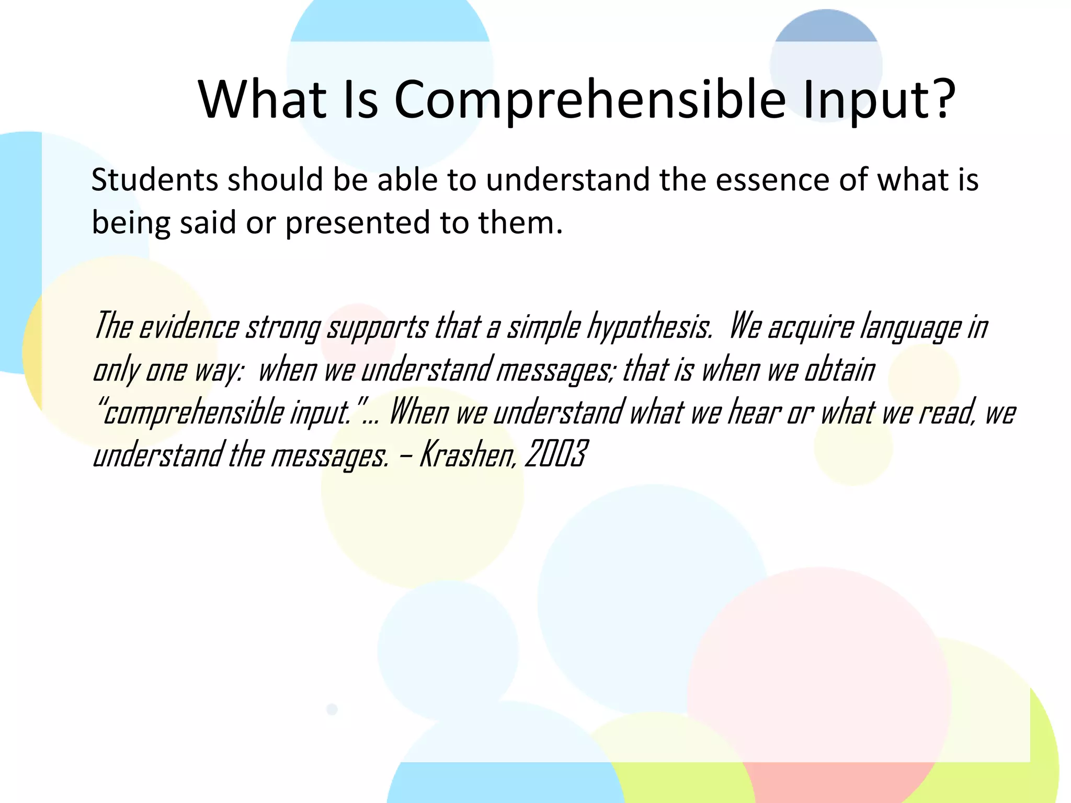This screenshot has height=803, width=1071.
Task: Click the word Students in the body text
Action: [x=154, y=180]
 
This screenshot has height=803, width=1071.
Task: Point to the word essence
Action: [x=772, y=180]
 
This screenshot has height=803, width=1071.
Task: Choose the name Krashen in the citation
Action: [x=468, y=454]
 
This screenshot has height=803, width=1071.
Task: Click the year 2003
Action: [x=555, y=454]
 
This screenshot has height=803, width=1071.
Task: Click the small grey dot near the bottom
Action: [x=332, y=709]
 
